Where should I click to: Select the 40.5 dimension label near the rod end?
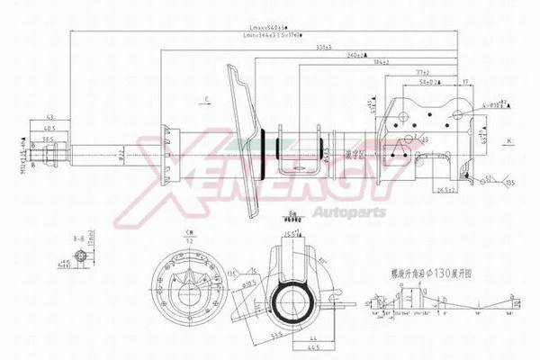[49, 128]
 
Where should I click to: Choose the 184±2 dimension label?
[355, 63]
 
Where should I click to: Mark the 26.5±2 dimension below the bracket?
[439, 191]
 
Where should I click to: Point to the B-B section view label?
[80, 237]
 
